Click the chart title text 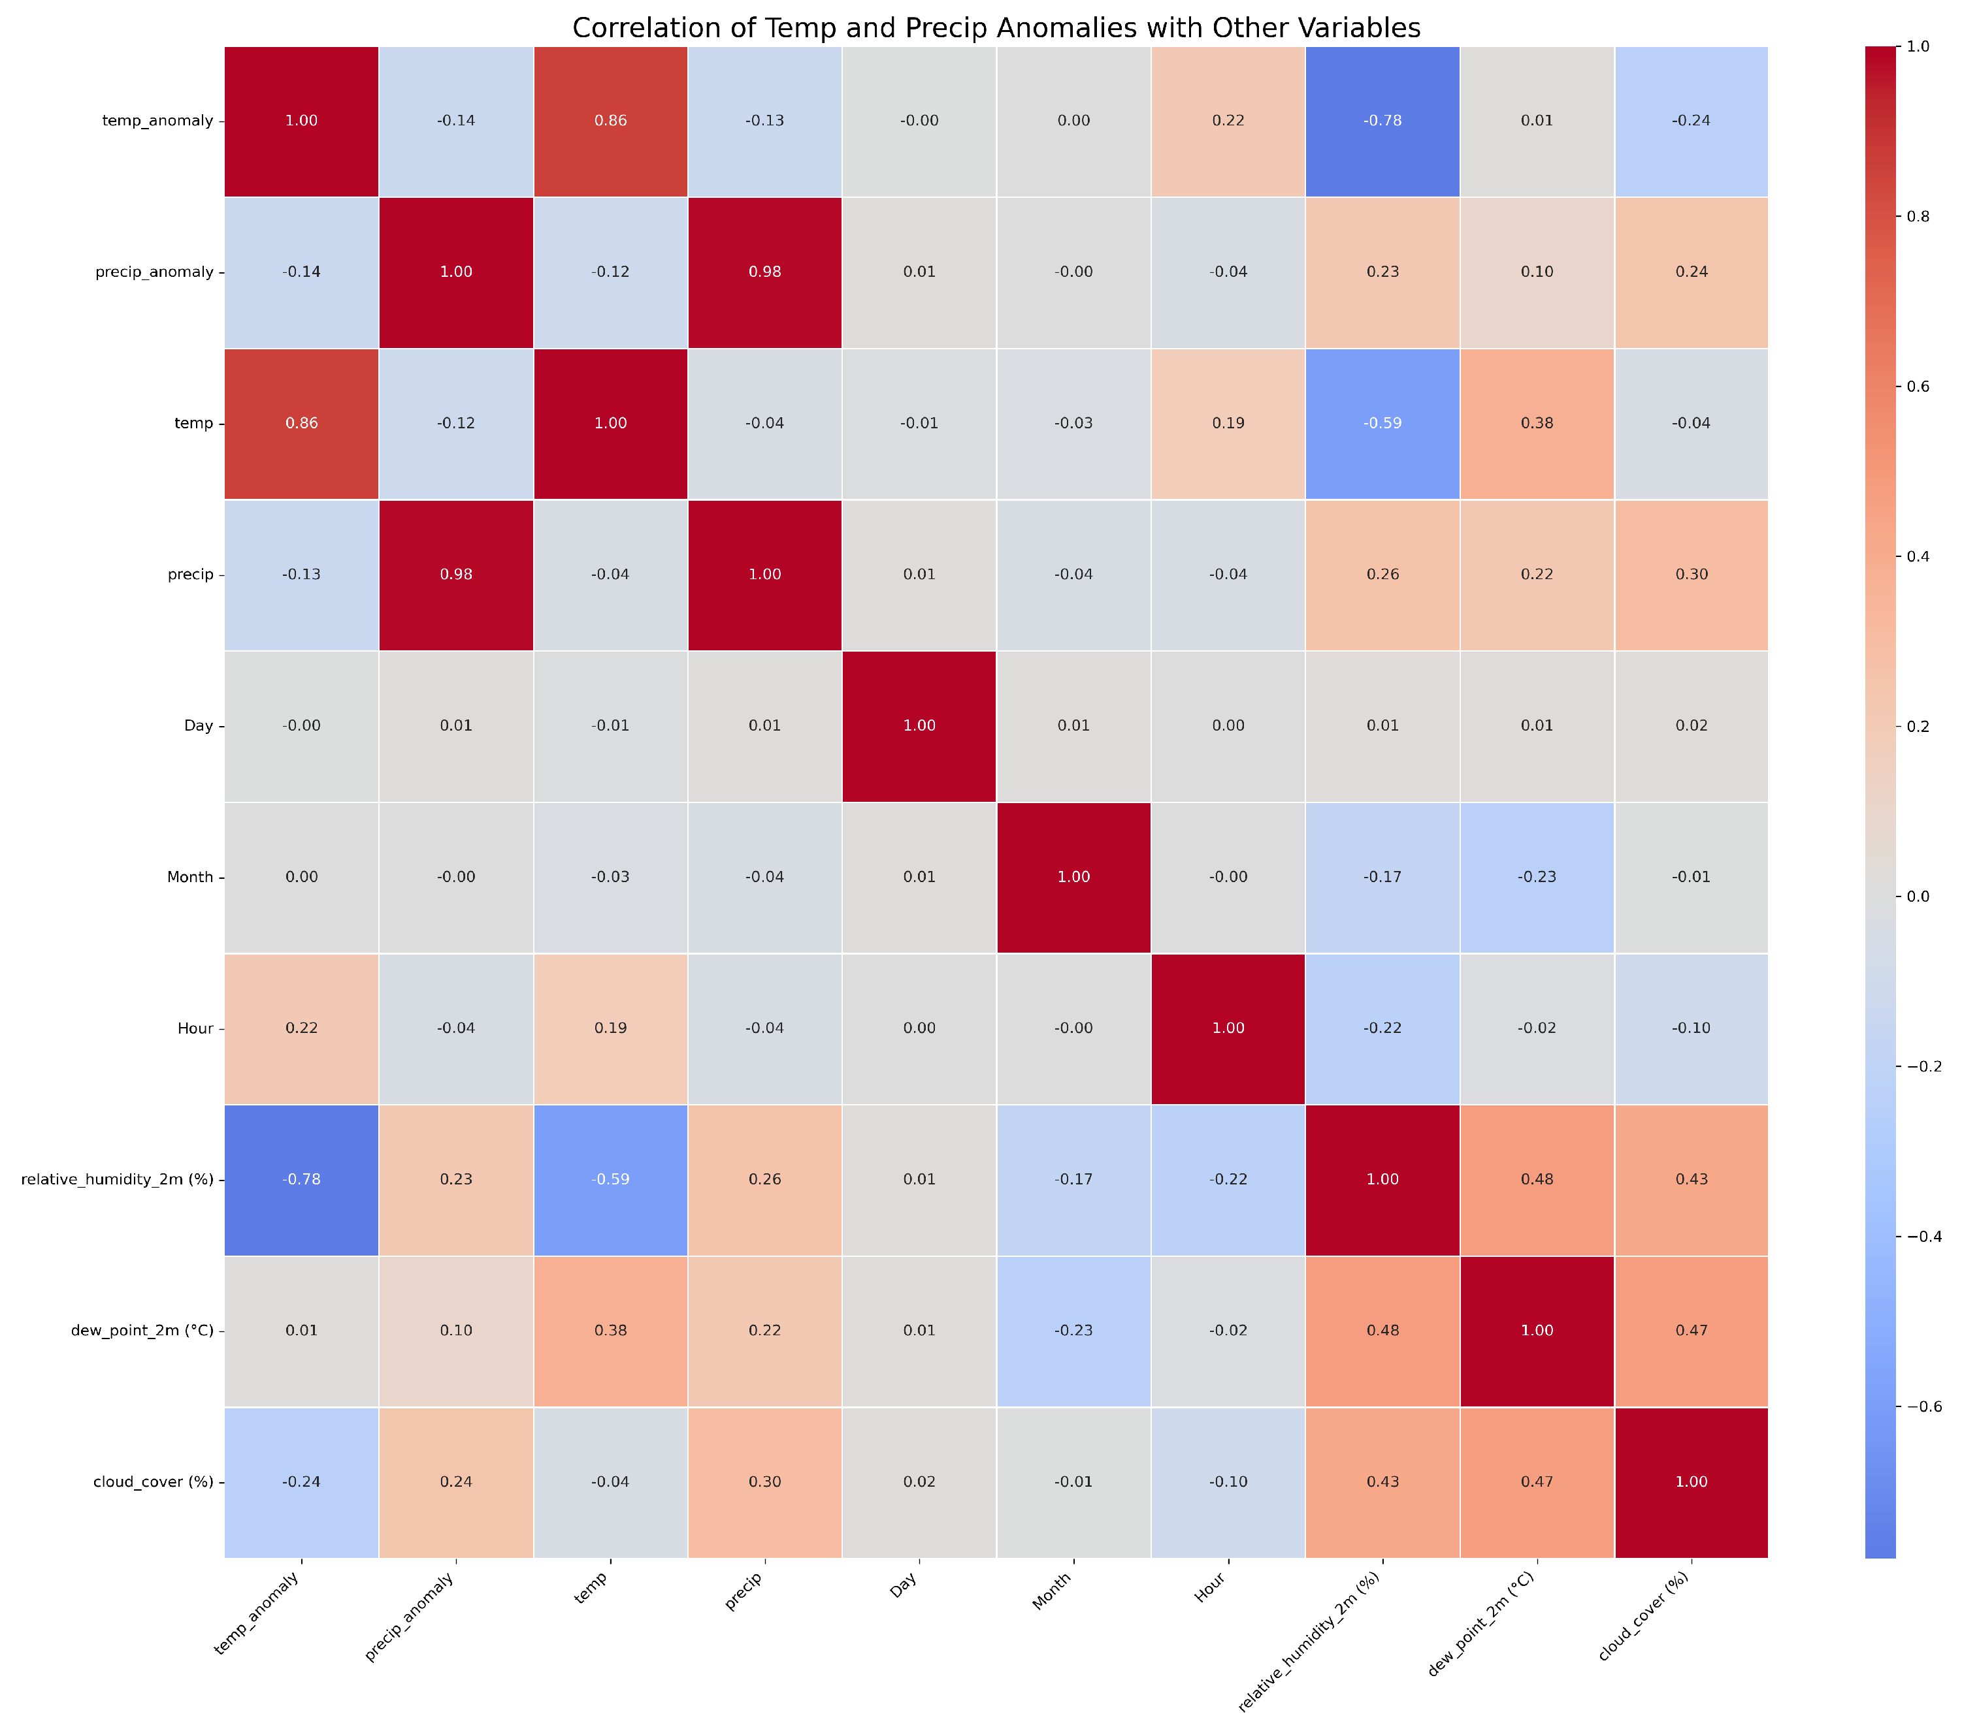tap(996, 28)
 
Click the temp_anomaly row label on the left tap(158, 121)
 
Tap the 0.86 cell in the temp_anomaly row tap(610, 121)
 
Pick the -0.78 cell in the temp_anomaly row tap(1382, 121)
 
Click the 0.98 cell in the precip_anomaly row tap(765, 272)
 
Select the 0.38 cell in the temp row tap(1537, 423)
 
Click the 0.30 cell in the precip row tap(1692, 575)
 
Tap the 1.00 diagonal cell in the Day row tap(919, 725)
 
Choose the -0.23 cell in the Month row tap(1537, 877)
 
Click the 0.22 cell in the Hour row tap(301, 1028)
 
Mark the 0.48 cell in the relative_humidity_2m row tap(1537, 1179)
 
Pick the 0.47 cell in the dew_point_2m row tap(1692, 1331)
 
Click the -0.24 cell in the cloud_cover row tap(301, 1482)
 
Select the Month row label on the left tap(190, 877)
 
